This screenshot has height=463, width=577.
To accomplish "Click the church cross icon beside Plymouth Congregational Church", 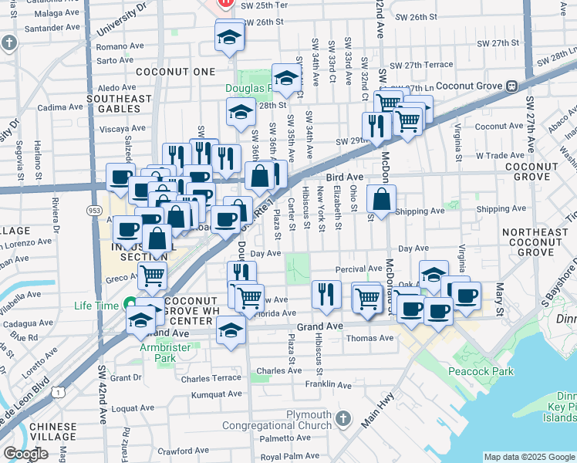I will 343,420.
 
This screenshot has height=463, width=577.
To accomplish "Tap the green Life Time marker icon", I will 130,306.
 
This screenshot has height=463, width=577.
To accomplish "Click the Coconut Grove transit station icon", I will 511,86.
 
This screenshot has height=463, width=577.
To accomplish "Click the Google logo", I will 25,454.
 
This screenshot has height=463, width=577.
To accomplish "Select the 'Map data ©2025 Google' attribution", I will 528,457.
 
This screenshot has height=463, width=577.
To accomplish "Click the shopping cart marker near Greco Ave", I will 153,274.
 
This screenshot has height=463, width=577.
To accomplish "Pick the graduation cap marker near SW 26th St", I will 229,37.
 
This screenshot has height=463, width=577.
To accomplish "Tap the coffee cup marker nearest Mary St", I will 466,294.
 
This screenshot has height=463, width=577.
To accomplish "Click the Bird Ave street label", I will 345,177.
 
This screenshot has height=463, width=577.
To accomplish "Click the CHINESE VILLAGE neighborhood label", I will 53,432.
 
